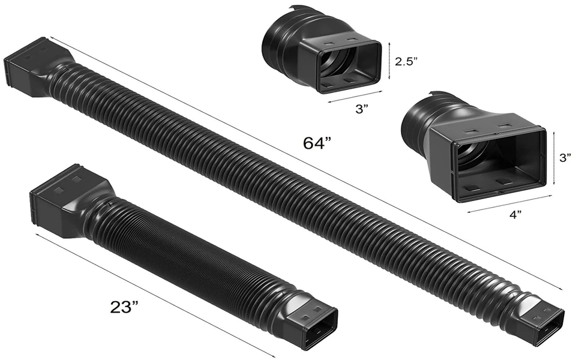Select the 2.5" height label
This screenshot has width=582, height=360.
pyautogui.click(x=406, y=61)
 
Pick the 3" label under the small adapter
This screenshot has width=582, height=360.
pyautogui.click(x=360, y=109)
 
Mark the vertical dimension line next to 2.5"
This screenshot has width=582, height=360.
pyautogui.click(x=389, y=61)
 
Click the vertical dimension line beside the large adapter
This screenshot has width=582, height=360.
pyautogui.click(x=554, y=158)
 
